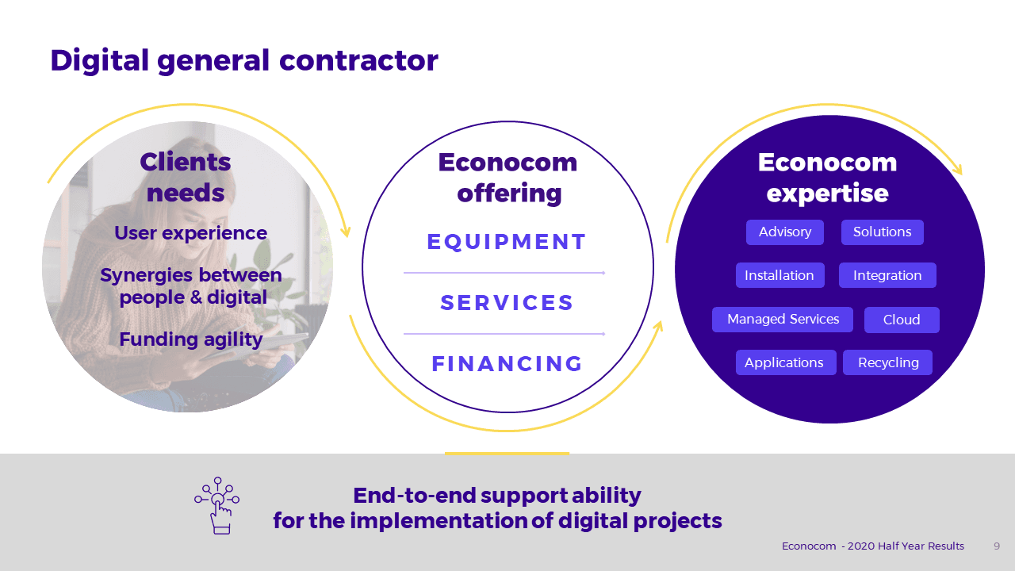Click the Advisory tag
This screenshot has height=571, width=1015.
click(x=785, y=232)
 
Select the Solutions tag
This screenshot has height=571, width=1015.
click(x=883, y=232)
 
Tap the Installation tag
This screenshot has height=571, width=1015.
click(x=779, y=275)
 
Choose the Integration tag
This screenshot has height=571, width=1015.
click(x=887, y=275)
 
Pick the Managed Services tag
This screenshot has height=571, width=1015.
click(x=783, y=320)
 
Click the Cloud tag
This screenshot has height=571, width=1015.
click(x=902, y=320)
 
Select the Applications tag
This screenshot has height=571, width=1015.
click(x=786, y=362)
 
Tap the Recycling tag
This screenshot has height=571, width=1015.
click(x=887, y=362)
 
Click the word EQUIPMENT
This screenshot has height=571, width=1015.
click(x=507, y=242)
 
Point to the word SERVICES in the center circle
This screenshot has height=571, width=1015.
click(x=507, y=303)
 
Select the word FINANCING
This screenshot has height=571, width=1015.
click(x=507, y=363)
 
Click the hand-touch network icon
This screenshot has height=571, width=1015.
click(x=217, y=506)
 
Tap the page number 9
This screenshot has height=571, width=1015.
click(x=997, y=546)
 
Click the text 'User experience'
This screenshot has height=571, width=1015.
click(x=191, y=233)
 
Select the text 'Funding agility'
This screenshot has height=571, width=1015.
click(x=191, y=339)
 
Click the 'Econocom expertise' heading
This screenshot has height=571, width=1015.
click(x=827, y=178)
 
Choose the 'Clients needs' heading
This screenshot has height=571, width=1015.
click(x=186, y=178)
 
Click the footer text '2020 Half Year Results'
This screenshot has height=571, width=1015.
click(x=906, y=546)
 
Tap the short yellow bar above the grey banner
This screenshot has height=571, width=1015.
click(x=507, y=453)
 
